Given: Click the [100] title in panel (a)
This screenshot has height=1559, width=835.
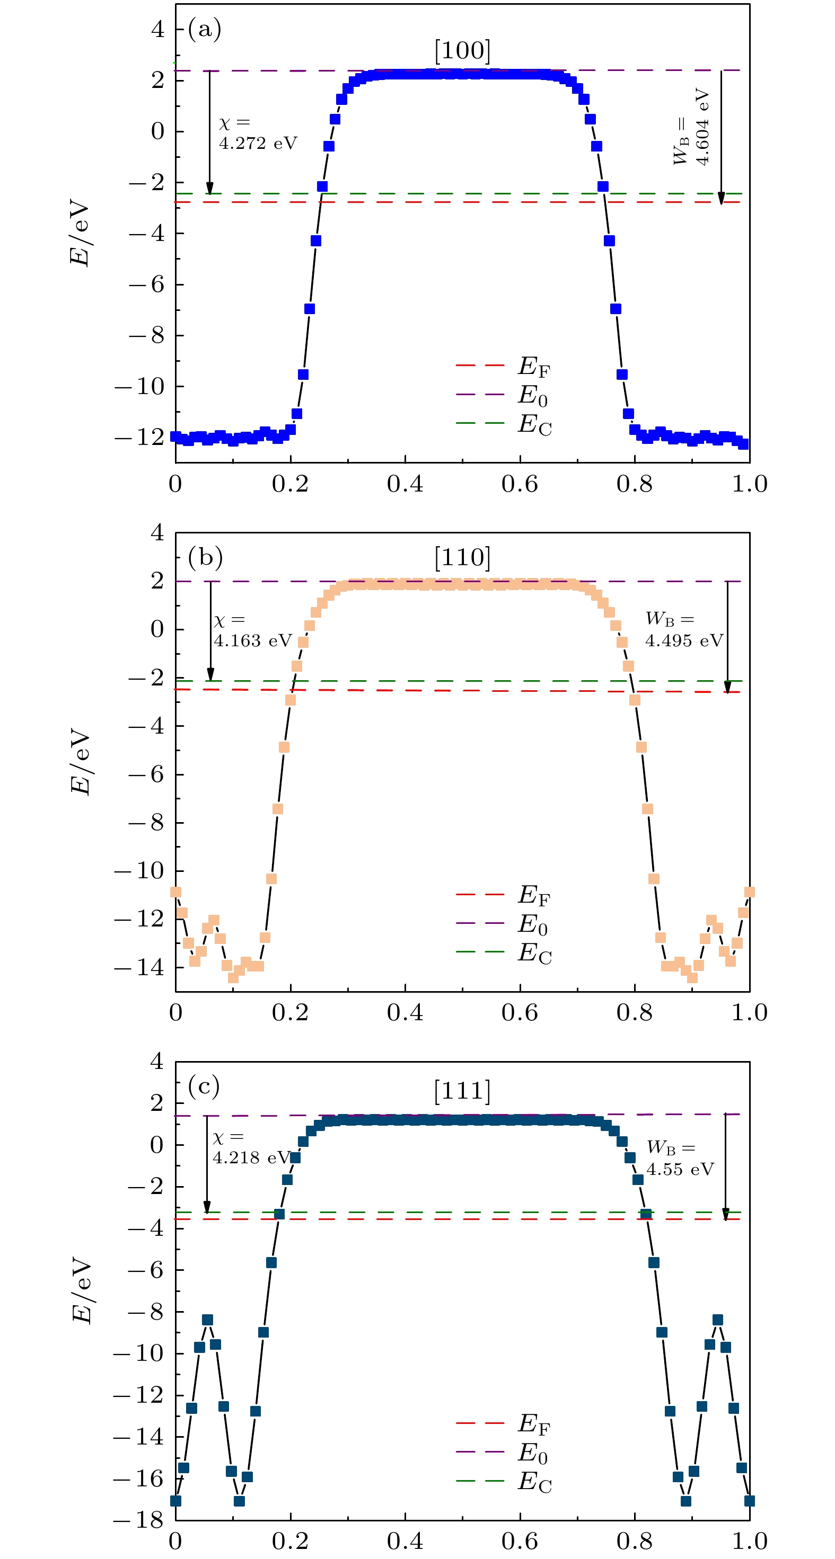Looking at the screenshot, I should click(x=462, y=51).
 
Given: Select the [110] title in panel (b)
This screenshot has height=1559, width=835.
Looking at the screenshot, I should click(x=462, y=557).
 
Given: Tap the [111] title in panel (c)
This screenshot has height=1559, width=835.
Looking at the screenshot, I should click(x=462, y=1091).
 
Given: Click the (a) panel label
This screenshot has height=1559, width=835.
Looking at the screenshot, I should click(x=204, y=29).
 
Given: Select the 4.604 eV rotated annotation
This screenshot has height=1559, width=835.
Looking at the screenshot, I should click(x=702, y=127).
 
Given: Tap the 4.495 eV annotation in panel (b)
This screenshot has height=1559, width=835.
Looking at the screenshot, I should click(x=684, y=641).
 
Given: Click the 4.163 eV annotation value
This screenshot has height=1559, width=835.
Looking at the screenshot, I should click(x=252, y=641).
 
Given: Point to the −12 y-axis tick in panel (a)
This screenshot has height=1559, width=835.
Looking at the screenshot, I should click(x=139, y=437).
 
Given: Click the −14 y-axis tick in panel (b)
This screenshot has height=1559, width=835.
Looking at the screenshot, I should click(x=139, y=967).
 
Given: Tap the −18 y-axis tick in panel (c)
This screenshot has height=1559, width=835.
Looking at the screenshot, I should click(x=139, y=1520).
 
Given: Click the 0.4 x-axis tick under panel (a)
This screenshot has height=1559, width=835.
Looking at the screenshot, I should click(x=405, y=484).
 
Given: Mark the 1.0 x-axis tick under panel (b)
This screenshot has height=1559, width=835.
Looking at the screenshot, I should click(x=749, y=1012).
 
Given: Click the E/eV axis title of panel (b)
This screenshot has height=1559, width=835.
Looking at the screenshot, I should click(x=81, y=761).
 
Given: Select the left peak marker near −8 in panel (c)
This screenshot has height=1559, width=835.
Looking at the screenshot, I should click(x=208, y=1320).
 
